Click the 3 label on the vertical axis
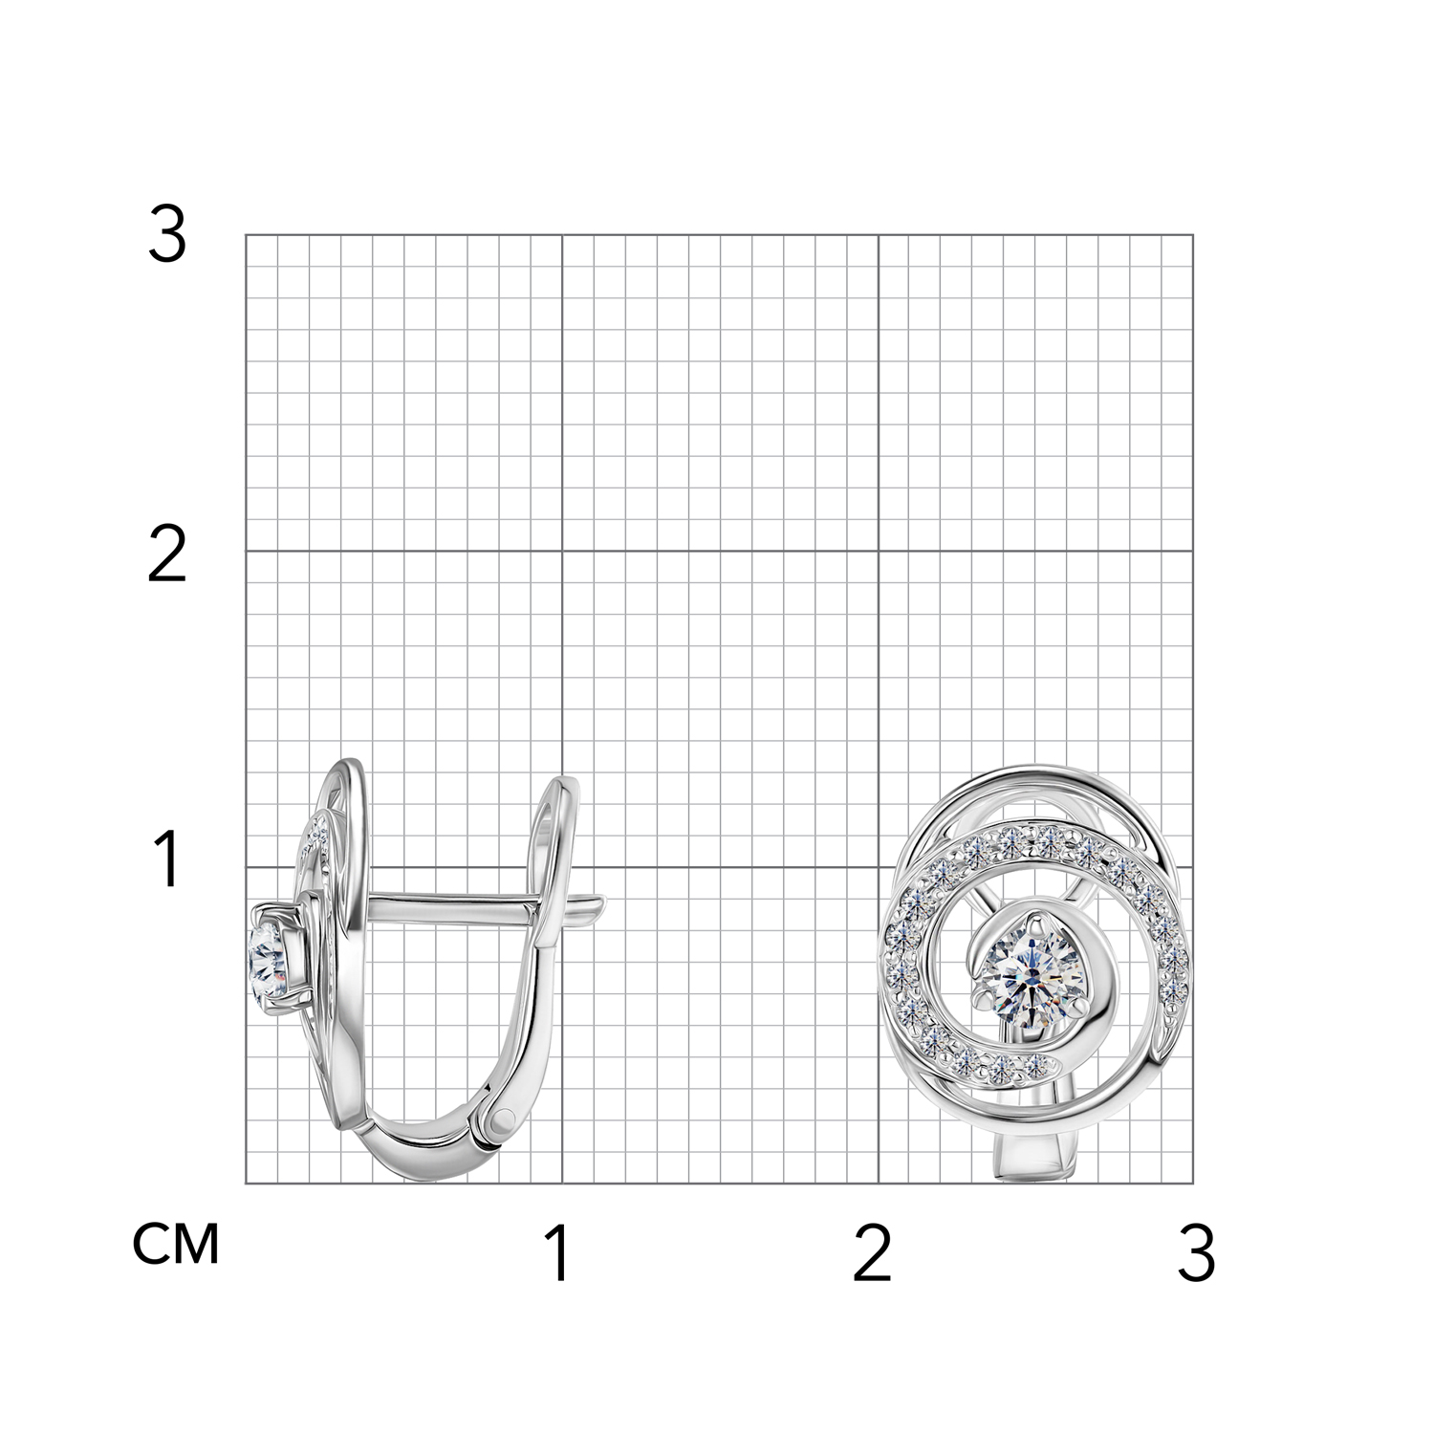pos(167,235)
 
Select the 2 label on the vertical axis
pos(167,557)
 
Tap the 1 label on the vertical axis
pos(168,859)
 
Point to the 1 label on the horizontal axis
pos(559,1254)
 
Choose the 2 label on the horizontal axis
pos(872,1254)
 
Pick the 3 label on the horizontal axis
pos(1196,1254)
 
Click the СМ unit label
pos(177,1244)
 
